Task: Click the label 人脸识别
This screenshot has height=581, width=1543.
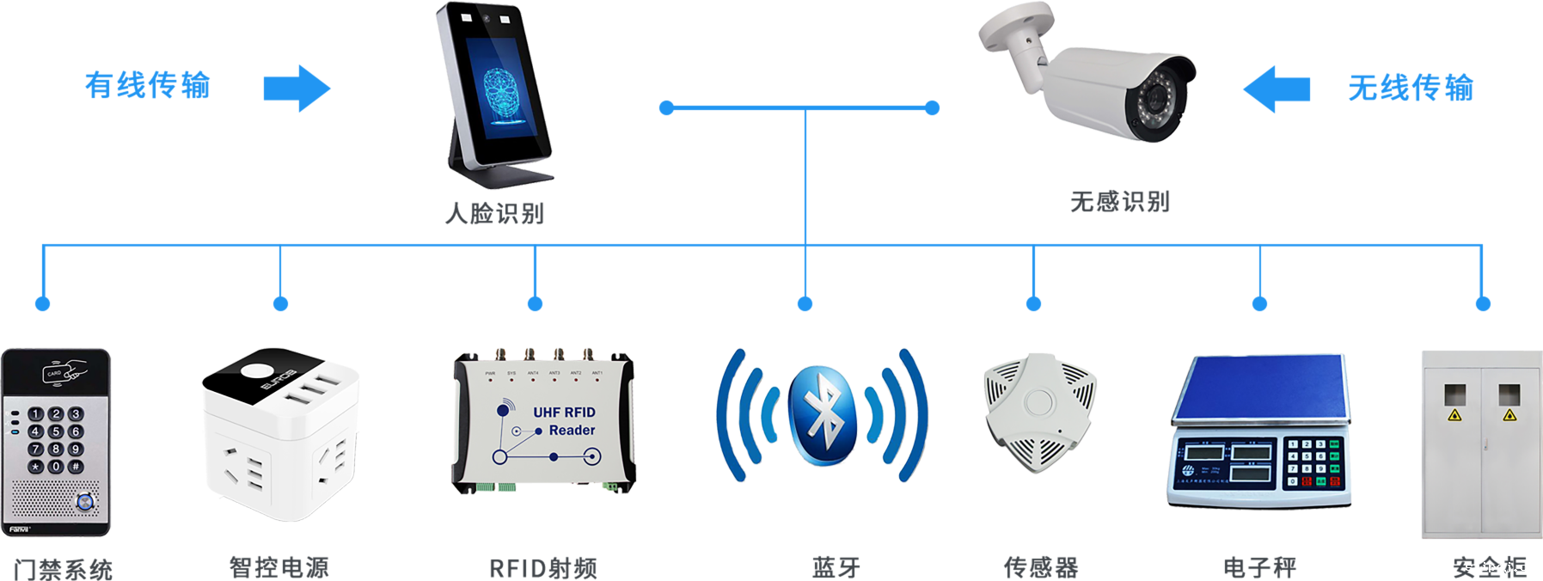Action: [x=494, y=212]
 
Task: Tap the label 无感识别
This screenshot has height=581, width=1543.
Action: [x=1119, y=201]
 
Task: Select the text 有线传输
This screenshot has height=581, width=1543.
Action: [x=148, y=85]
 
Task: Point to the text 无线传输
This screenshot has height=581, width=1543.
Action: [x=1410, y=88]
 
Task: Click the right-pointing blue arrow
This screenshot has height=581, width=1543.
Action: [x=297, y=88]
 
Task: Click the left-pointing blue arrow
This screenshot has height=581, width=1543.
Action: [x=1277, y=89]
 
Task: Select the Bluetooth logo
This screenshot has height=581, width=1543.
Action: [x=823, y=416]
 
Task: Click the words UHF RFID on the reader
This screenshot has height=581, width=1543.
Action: [x=564, y=413]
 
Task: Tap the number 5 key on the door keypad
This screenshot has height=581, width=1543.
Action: [x=55, y=431]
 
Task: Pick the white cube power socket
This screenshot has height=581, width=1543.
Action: [x=279, y=434]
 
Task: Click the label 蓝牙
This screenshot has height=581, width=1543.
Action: [x=836, y=567]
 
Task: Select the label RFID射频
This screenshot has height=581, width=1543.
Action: [x=542, y=568]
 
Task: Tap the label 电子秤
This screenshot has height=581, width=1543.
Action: [x=1259, y=567]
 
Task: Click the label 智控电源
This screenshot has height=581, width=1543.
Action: [x=279, y=567]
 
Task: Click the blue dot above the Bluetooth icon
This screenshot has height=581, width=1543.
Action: [x=805, y=303]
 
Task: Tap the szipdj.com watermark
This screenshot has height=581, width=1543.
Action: [x=1502, y=566]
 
